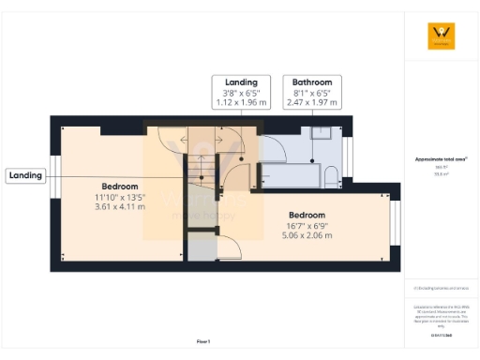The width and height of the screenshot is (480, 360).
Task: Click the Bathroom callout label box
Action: click(x=312, y=92)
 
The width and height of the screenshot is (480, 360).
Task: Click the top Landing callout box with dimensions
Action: click(x=241, y=92)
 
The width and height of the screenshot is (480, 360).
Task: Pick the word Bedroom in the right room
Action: click(x=307, y=215)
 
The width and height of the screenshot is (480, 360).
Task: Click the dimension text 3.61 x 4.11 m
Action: click(x=120, y=206)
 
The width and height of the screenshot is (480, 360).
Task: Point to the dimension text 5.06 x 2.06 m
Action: click(x=307, y=234)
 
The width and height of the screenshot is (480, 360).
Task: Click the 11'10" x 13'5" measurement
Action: click(x=120, y=197)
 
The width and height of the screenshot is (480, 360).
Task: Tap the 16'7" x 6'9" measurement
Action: click(x=307, y=225)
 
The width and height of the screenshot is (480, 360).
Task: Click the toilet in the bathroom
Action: click(x=331, y=175)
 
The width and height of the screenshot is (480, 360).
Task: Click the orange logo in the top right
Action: click(x=441, y=37)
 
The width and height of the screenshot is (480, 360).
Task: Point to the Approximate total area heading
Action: click(x=441, y=159)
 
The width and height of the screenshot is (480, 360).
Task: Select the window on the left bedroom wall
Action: click(x=55, y=176)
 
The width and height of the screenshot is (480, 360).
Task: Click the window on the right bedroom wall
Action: click(x=395, y=220)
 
